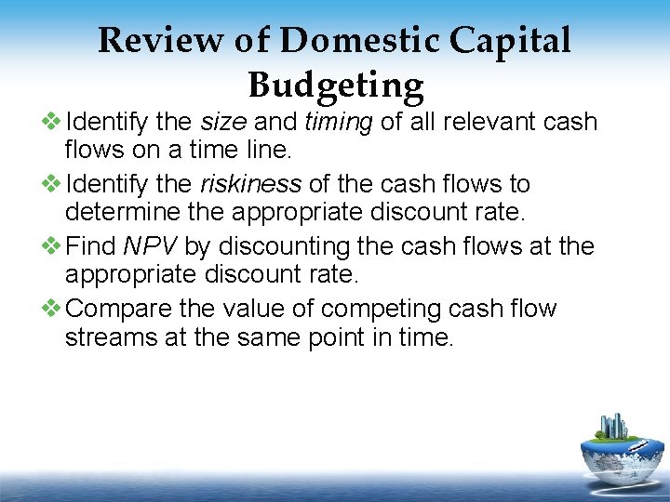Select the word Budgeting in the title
coord(335,85)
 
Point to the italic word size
coord(222,123)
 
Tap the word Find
coord(93,246)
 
